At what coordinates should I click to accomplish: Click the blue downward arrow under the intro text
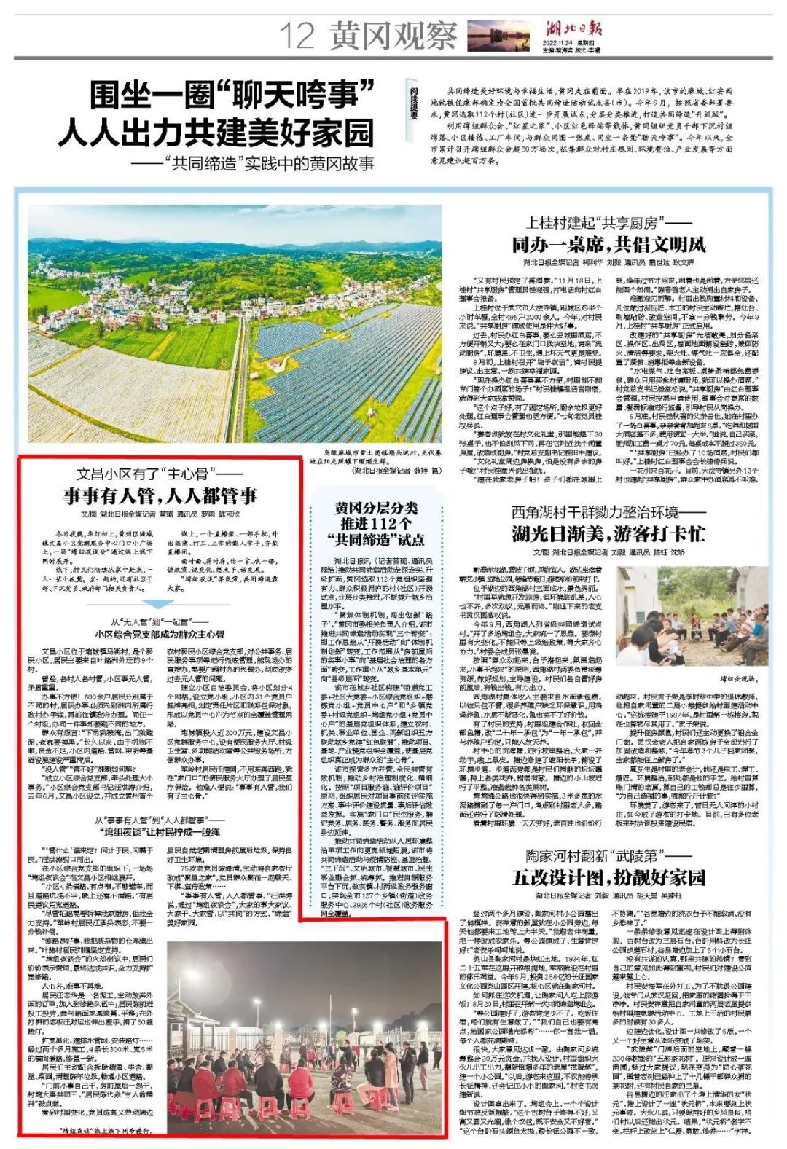[x=157, y=605]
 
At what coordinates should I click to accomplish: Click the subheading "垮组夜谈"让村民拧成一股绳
[x=158, y=831]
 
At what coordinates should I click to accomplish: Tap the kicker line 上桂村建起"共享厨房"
[x=609, y=222]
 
